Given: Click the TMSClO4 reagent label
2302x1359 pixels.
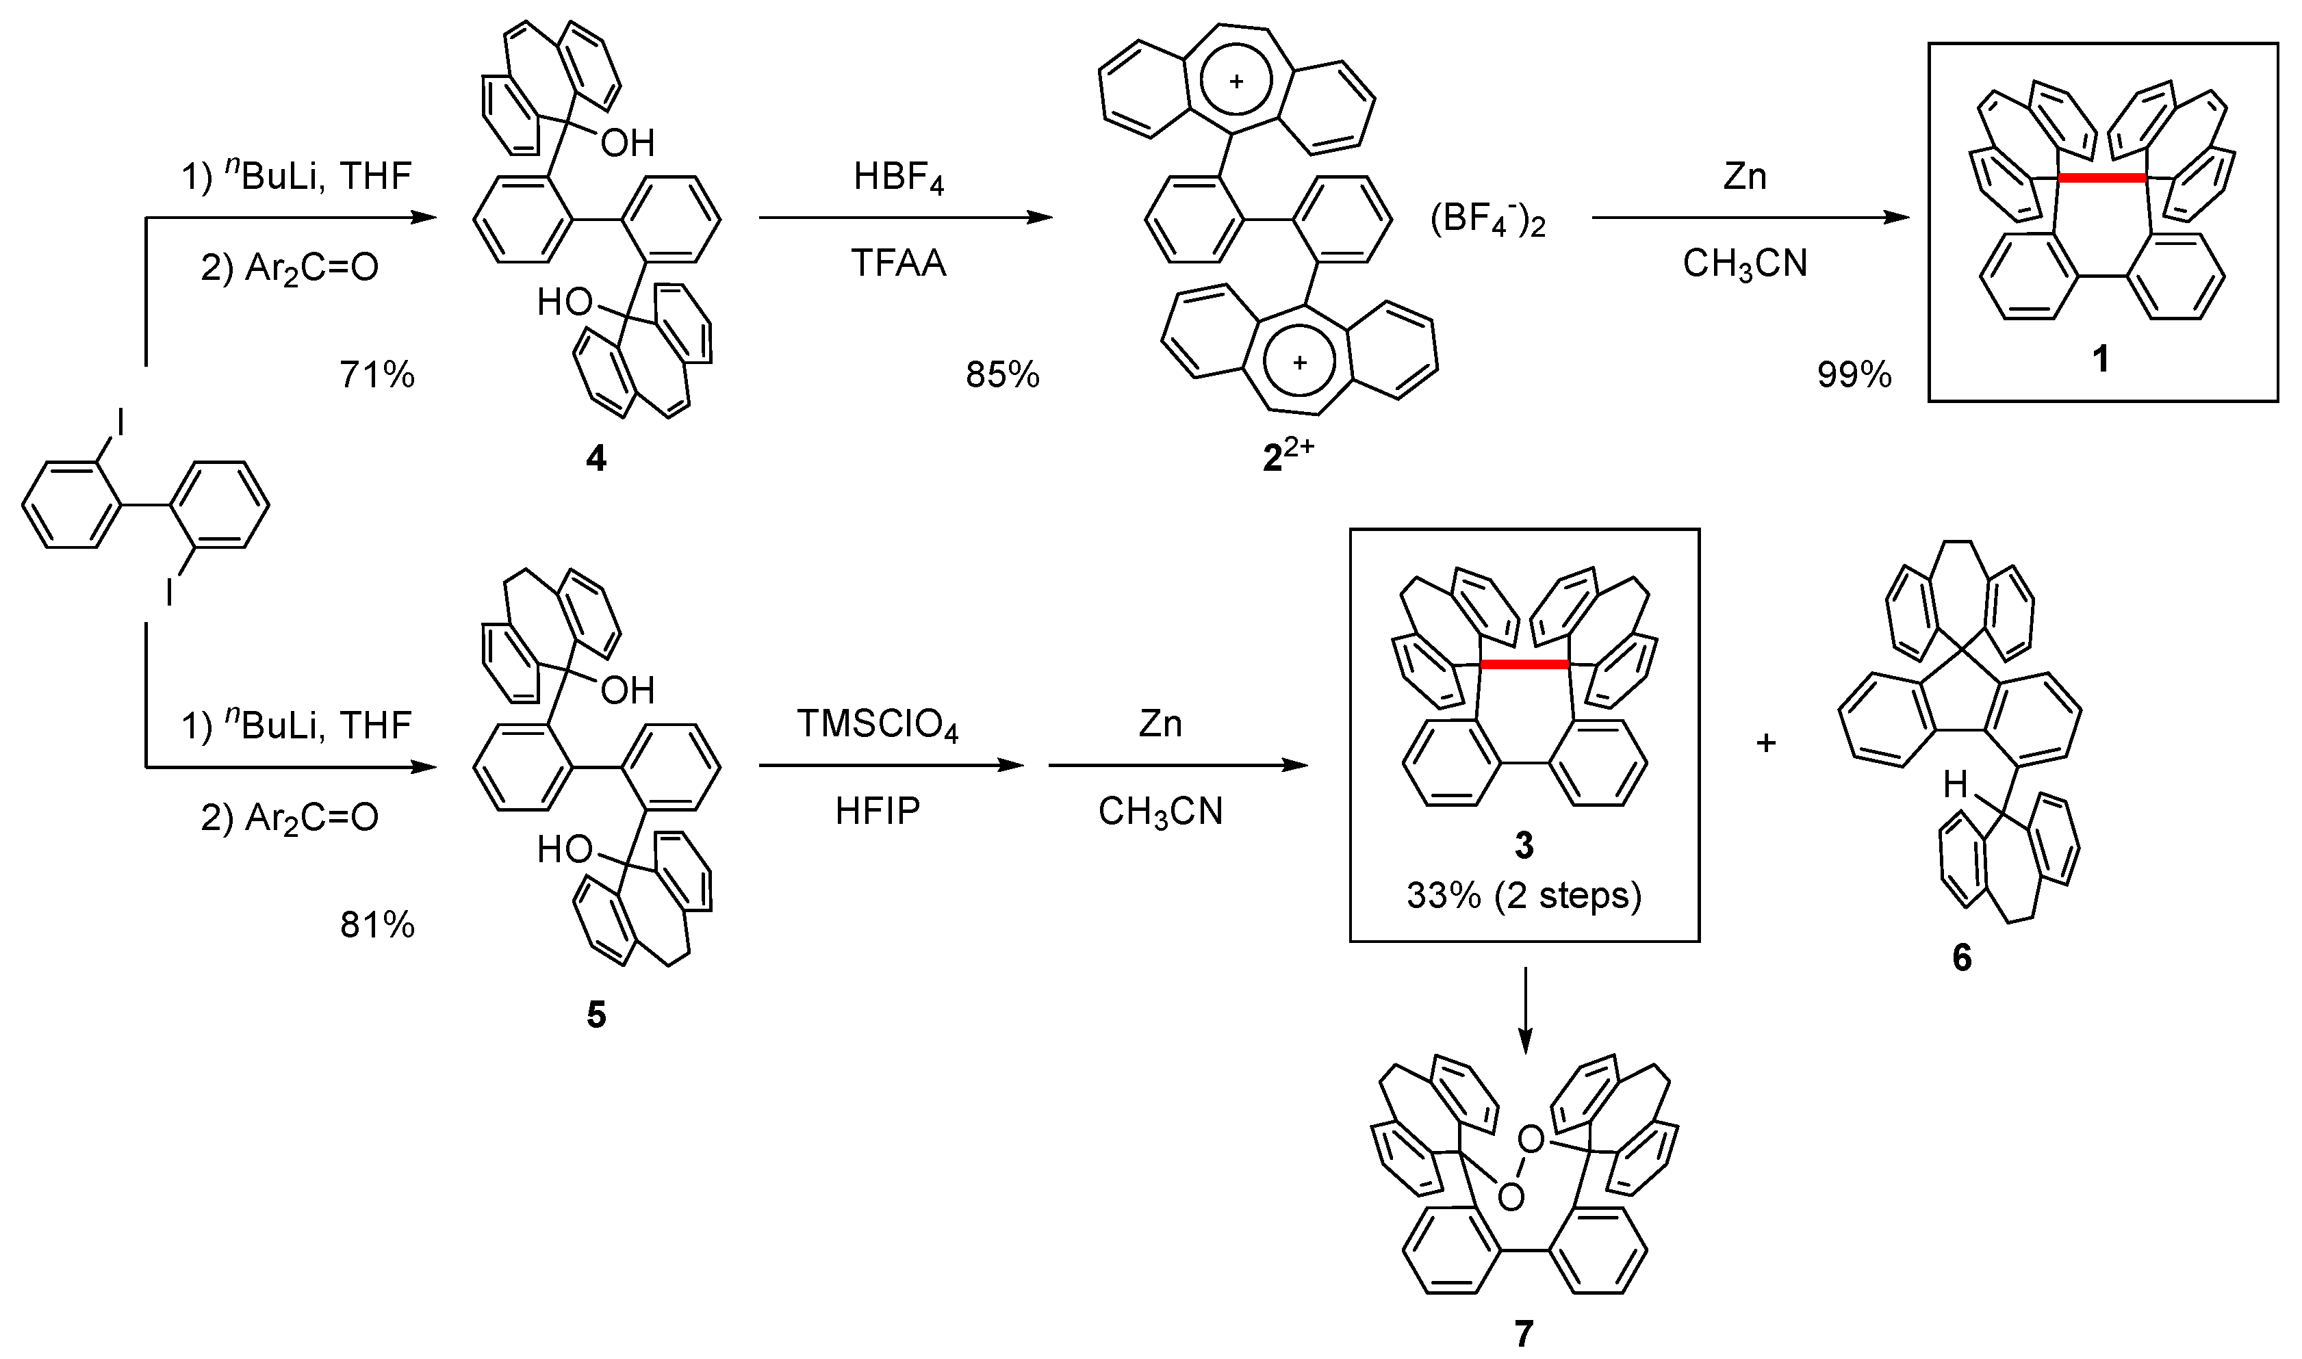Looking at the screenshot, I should (877, 725).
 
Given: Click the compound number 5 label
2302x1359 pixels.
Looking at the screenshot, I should (596, 1015).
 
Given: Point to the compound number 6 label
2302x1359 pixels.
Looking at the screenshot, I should (1961, 958).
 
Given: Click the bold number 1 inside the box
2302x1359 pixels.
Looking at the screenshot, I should (2101, 359).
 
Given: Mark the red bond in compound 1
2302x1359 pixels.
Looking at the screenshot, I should (2102, 179).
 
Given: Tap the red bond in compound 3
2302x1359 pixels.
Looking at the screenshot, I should (1524, 664).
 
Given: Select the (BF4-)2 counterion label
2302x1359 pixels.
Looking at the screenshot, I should (1487, 222).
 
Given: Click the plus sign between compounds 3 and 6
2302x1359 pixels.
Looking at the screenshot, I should (1766, 742).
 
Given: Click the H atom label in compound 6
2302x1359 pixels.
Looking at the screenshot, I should (1955, 785).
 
